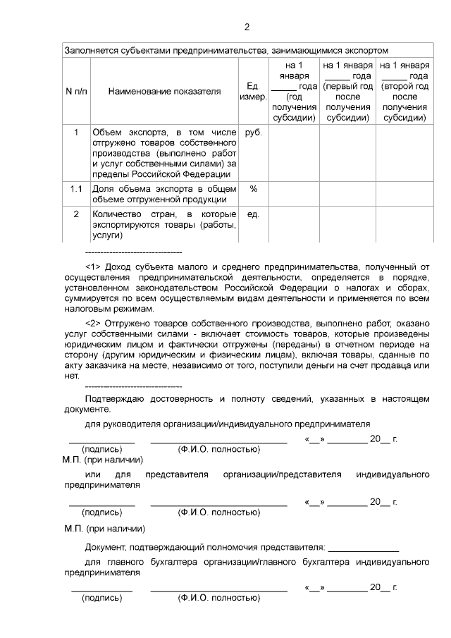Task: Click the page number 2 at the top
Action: pyautogui.click(x=246, y=27)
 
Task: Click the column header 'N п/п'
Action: pyautogui.click(x=76, y=92)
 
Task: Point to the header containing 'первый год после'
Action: pyautogui.click(x=348, y=92)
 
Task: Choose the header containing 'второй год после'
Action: pyautogui.click(x=404, y=92)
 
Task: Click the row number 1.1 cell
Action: pyautogui.click(x=76, y=189)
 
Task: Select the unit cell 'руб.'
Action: pyautogui.click(x=252, y=132)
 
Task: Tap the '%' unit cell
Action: pyautogui.click(x=254, y=189)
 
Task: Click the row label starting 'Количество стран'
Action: pyautogui.click(x=163, y=224)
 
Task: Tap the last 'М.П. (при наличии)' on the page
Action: pyautogui.click(x=104, y=528)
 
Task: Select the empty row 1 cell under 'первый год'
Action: pyautogui.click(x=348, y=153)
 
